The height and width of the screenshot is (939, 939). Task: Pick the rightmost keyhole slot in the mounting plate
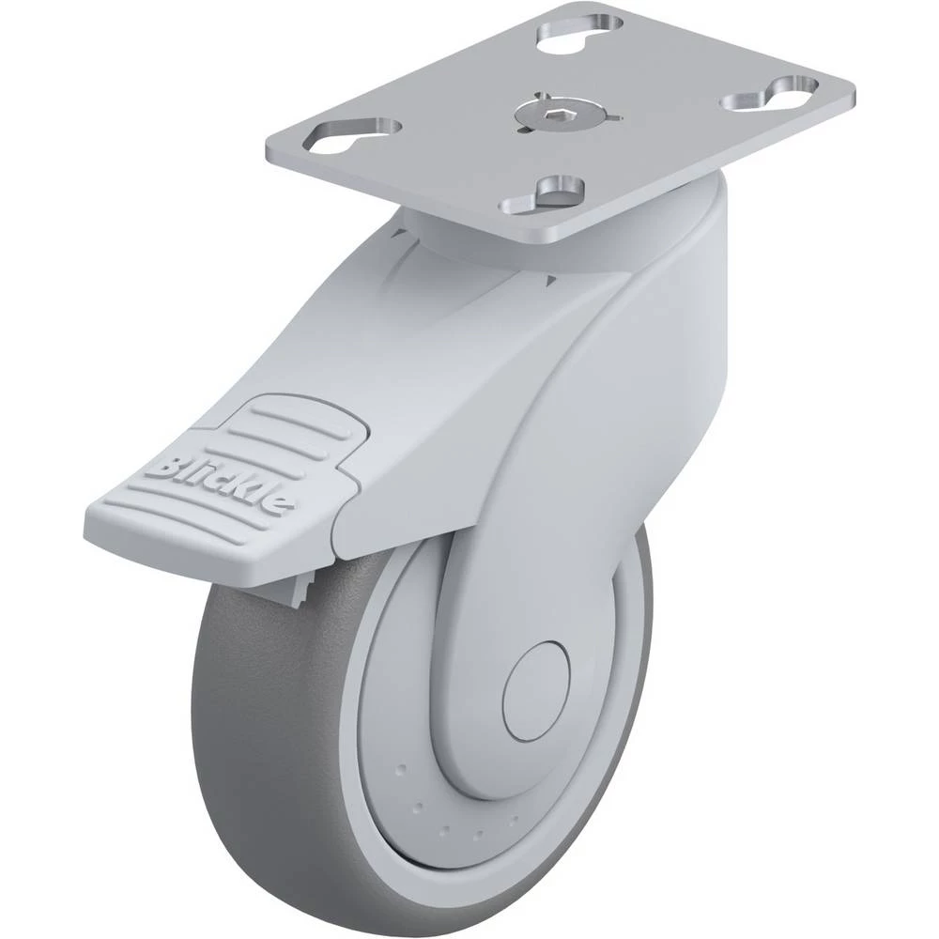point(769,94)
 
